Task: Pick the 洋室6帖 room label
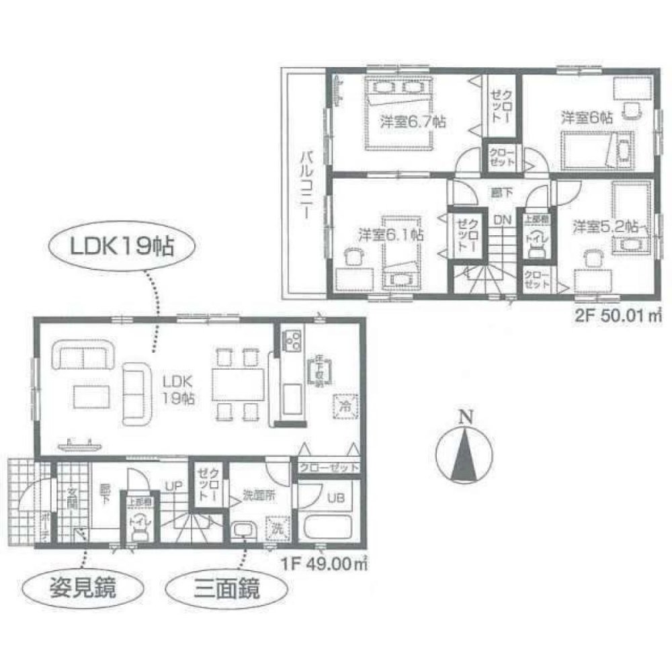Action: tap(587, 117)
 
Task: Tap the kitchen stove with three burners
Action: tap(293, 341)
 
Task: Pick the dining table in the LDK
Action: tap(237, 381)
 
